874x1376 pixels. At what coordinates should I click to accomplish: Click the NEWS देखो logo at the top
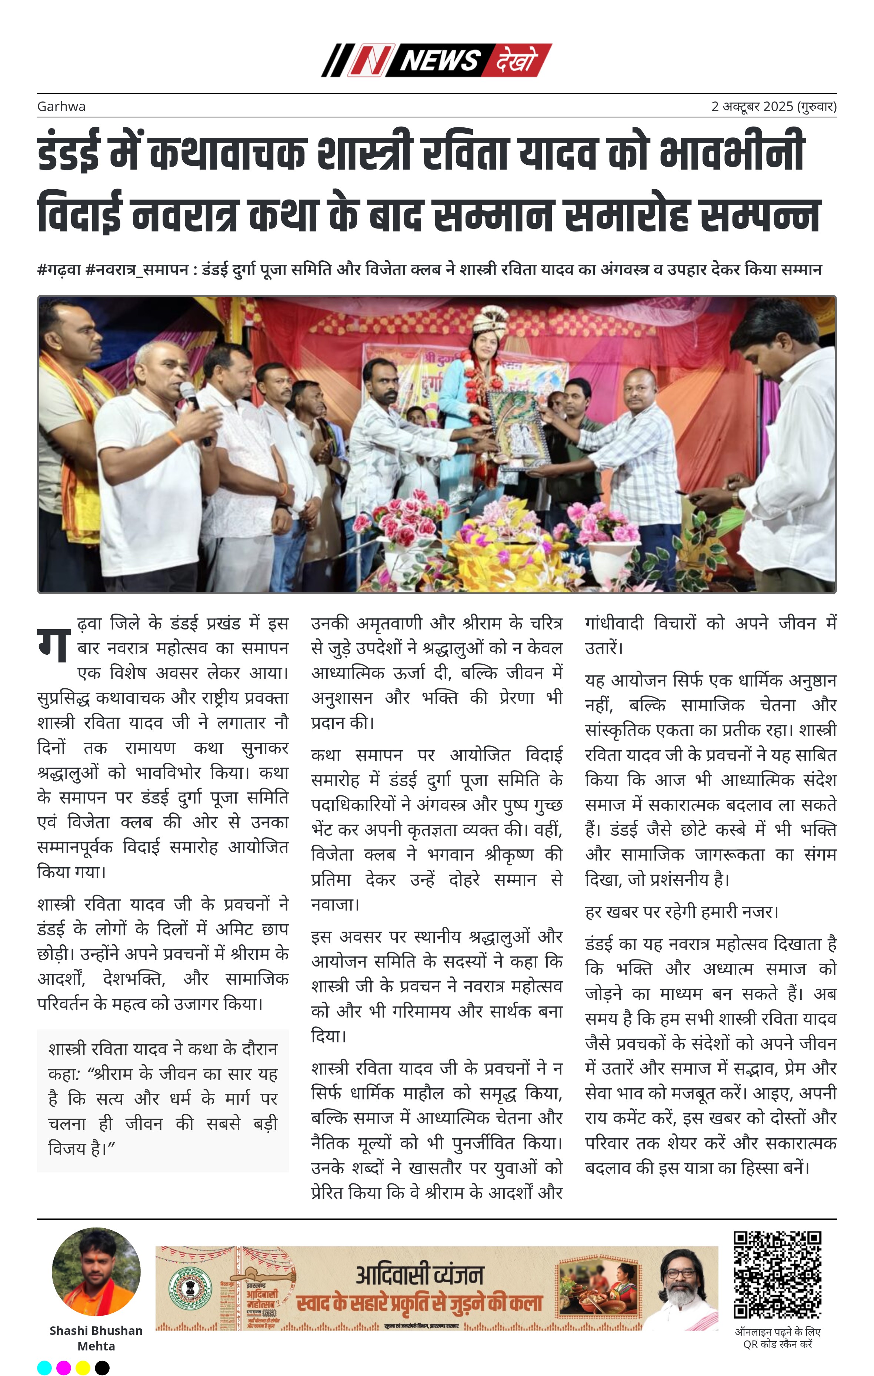pyautogui.click(x=436, y=60)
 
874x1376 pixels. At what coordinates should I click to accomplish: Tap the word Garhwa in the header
pyautogui.click(x=61, y=106)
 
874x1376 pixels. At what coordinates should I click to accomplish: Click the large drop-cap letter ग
pyautogui.click(x=53, y=645)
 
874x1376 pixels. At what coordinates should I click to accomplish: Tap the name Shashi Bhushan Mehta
pyautogui.click(x=96, y=1338)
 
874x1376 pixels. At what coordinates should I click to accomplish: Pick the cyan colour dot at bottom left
pyautogui.click(x=44, y=1368)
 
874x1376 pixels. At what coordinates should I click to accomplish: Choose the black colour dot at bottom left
pyautogui.click(x=102, y=1368)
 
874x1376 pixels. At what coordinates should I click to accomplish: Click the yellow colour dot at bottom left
pyautogui.click(x=83, y=1368)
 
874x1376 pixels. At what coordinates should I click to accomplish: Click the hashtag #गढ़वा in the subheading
pyautogui.click(x=60, y=270)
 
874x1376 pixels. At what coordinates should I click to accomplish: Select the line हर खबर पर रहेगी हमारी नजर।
pyautogui.click(x=681, y=911)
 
